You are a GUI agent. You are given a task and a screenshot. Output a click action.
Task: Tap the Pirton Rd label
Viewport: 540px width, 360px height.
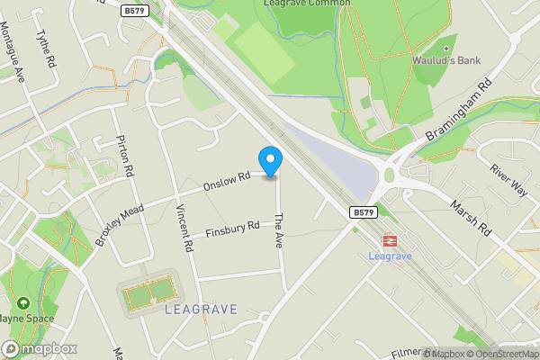[x=125, y=157]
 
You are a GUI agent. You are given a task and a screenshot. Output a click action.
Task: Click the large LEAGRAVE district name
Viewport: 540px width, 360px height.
[x=202, y=309]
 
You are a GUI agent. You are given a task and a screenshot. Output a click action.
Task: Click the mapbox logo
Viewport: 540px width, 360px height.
[x=39, y=348]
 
